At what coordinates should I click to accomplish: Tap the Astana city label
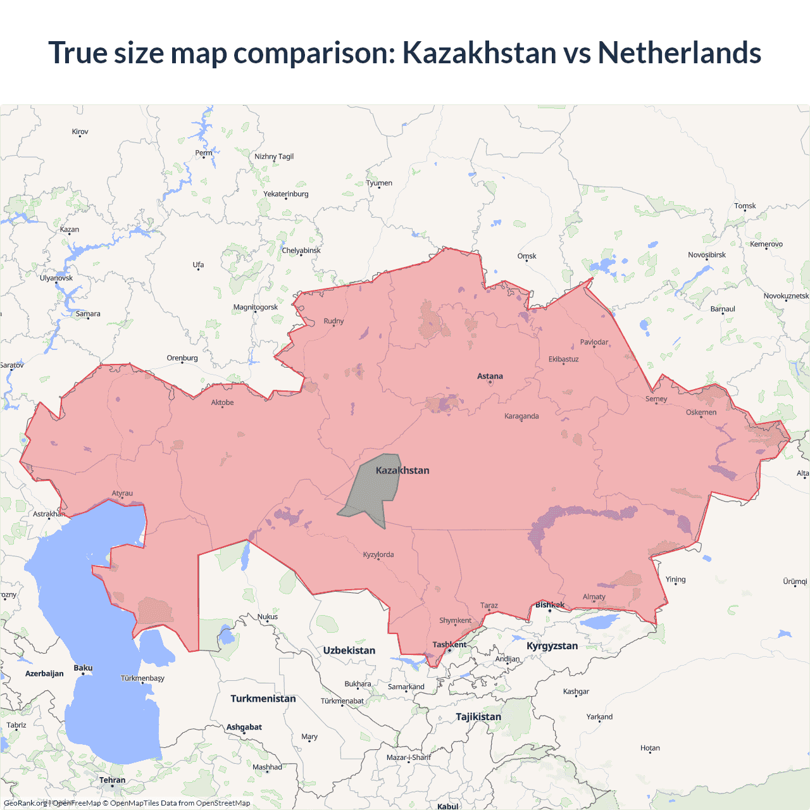click(490, 376)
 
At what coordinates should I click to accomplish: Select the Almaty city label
click(594, 597)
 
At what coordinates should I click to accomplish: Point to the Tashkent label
click(449, 645)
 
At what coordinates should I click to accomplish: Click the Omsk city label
click(526, 256)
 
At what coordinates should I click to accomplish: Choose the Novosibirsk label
click(707, 255)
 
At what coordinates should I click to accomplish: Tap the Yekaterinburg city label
click(286, 194)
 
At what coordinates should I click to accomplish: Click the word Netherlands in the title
click(679, 53)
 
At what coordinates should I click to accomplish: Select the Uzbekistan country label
click(349, 651)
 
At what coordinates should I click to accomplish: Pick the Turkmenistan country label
click(263, 699)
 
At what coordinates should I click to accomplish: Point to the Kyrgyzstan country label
click(552, 646)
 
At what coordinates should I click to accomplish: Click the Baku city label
click(83, 668)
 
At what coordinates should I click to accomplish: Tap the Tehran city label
click(112, 780)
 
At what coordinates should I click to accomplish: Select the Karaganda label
click(521, 416)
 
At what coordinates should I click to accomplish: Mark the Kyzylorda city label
click(378, 555)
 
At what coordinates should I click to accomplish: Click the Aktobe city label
click(222, 402)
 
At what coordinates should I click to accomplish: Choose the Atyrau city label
click(122, 494)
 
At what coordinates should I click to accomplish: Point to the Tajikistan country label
click(478, 717)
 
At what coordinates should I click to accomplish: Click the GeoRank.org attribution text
click(25, 803)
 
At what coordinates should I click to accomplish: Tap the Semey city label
click(656, 399)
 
